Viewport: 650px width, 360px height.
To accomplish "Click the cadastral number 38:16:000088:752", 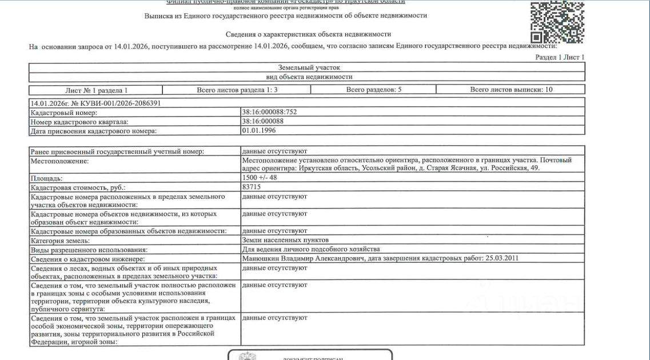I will pyautogui.click(x=269, y=112).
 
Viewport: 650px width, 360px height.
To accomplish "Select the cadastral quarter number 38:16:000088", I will pyautogui.click(x=263, y=121).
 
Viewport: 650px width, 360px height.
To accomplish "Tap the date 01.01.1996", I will pyautogui.click(x=258, y=130).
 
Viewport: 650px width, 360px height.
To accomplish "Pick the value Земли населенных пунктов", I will pyautogui.click(x=285, y=240).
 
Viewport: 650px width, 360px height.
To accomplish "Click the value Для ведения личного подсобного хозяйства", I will pyautogui.click(x=311, y=249).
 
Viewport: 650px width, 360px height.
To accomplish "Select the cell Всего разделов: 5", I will pyautogui.click(x=373, y=90).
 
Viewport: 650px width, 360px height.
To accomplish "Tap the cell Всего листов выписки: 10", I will pyautogui.click(x=511, y=90).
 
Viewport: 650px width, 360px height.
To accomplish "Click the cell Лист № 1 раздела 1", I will pyautogui.click(x=96, y=90).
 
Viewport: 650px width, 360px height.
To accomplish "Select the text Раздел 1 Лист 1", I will pyautogui.click(x=560, y=57).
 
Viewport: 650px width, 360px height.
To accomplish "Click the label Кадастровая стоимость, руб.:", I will pyautogui.click(x=78, y=187).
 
